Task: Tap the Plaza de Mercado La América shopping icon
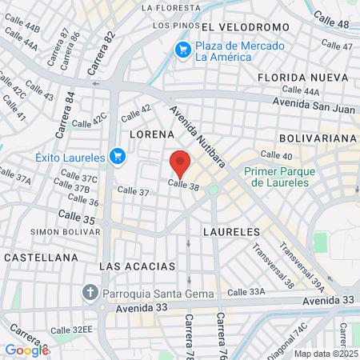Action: pos(183,50)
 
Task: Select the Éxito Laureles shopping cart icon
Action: pos(118,155)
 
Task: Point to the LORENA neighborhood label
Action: pos(148,134)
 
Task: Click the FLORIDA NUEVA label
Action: pos(301,78)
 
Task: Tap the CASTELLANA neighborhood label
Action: pos(40,258)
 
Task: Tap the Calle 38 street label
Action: pos(182,185)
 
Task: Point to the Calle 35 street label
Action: pos(77,217)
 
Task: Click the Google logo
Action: pos(26,350)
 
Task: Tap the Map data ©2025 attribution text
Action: pos(326,354)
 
